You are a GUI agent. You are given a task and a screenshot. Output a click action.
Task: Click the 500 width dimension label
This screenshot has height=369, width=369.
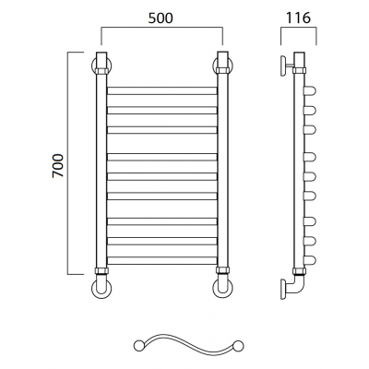click(161, 18)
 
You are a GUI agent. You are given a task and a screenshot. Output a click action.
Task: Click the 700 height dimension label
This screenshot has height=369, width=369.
click(58, 166)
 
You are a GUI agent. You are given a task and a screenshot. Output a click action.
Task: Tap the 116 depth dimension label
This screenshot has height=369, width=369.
click(298, 18)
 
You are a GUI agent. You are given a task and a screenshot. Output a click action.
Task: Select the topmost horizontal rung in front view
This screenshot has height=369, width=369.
click(162, 90)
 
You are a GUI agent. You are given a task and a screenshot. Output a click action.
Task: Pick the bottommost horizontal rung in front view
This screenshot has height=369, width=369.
click(162, 260)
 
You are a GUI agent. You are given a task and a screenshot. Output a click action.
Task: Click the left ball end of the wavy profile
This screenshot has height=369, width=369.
click(138, 346)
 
